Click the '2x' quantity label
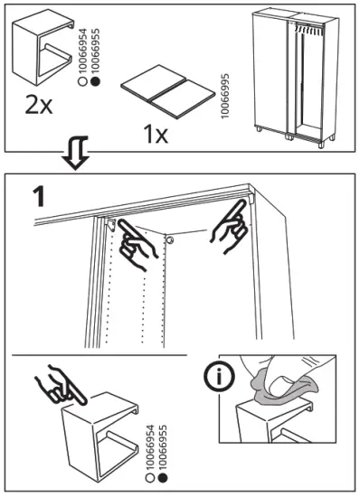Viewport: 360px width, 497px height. tap(39, 105)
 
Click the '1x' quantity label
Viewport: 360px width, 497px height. tap(156, 134)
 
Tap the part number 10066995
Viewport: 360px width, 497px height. tap(225, 97)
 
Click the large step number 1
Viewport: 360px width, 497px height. tap(40, 197)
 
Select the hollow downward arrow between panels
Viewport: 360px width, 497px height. tap(75, 153)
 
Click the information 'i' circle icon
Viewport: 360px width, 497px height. tap(219, 377)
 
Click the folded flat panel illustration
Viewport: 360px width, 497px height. tap(168, 92)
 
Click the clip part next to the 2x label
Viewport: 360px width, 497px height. tap(43, 48)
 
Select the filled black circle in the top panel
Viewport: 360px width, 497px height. tap(95, 81)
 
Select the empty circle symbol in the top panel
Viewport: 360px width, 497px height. tap(82, 81)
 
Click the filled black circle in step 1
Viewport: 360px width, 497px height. tap(163, 477)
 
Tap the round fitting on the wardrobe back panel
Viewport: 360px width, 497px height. tap(170, 239)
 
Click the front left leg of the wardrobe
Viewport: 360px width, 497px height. tap(259, 129)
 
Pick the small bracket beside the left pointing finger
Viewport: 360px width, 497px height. tap(111, 224)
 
